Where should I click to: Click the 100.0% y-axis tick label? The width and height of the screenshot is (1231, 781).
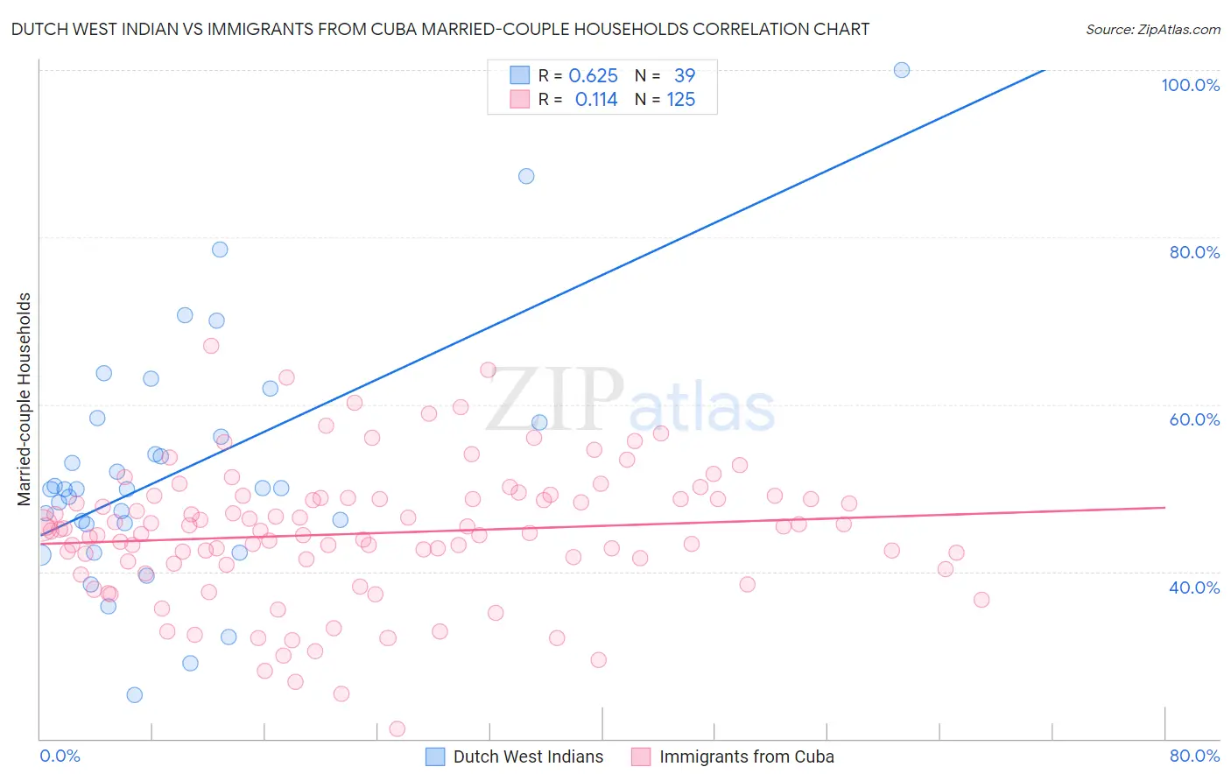pyautogui.click(x=1190, y=85)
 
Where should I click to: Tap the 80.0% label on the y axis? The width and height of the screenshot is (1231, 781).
pyautogui.click(x=1194, y=252)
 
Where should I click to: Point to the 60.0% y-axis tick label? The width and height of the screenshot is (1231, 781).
pyautogui.click(x=1194, y=419)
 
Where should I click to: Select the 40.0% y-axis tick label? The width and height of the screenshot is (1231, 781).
pyautogui.click(x=1194, y=588)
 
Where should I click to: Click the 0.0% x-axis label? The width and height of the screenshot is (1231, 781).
pyautogui.click(x=60, y=756)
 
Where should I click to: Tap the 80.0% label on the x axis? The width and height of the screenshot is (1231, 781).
pyautogui.click(x=1194, y=756)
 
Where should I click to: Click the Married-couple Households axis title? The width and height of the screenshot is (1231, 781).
pyautogui.click(x=25, y=399)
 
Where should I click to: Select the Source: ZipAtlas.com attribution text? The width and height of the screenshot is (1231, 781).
pyautogui.click(x=1152, y=29)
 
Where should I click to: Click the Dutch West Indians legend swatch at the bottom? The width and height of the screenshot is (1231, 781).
pyautogui.click(x=435, y=756)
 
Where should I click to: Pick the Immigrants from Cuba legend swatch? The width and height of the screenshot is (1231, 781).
pyautogui.click(x=641, y=756)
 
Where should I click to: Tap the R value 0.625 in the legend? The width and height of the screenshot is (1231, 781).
pyautogui.click(x=593, y=76)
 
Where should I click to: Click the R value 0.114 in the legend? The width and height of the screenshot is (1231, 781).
pyautogui.click(x=596, y=100)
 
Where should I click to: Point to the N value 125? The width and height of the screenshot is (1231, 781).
pyautogui.click(x=680, y=100)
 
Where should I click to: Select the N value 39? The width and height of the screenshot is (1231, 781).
pyautogui.click(x=684, y=76)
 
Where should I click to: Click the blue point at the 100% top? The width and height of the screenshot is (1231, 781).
pyautogui.click(x=902, y=70)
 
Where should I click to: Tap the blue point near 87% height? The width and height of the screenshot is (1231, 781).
pyautogui.click(x=526, y=176)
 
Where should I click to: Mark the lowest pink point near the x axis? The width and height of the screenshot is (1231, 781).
pyautogui.click(x=397, y=728)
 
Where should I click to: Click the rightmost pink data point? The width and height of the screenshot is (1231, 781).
pyautogui.click(x=981, y=600)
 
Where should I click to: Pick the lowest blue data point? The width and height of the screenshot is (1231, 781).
pyautogui.click(x=135, y=695)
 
